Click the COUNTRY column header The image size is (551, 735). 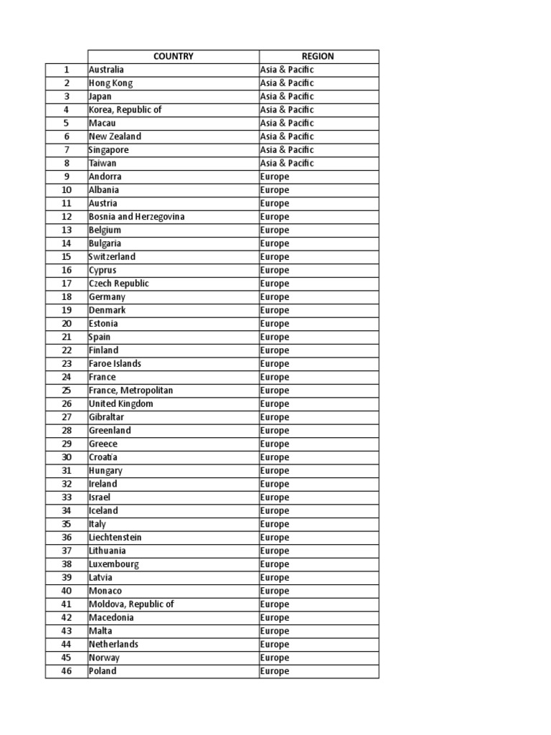(173, 57)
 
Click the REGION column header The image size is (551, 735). (319, 57)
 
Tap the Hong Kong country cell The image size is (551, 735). (110, 83)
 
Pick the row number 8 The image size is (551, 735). (66, 164)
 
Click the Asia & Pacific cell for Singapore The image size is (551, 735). (287, 150)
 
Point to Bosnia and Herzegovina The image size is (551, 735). (136, 217)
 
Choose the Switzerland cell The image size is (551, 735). (112, 257)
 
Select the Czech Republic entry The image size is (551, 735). (119, 284)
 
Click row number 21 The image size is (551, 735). (66, 337)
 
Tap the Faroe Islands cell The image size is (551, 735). (115, 364)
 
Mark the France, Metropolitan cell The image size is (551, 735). (131, 390)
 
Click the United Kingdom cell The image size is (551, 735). (121, 404)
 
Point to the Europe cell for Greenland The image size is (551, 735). (275, 431)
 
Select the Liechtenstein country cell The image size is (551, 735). (115, 538)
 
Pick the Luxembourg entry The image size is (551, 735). (113, 564)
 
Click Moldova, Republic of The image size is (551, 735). (131, 604)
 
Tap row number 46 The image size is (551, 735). (66, 671)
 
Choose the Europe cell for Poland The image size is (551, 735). (275, 671)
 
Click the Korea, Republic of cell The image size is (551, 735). (125, 110)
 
